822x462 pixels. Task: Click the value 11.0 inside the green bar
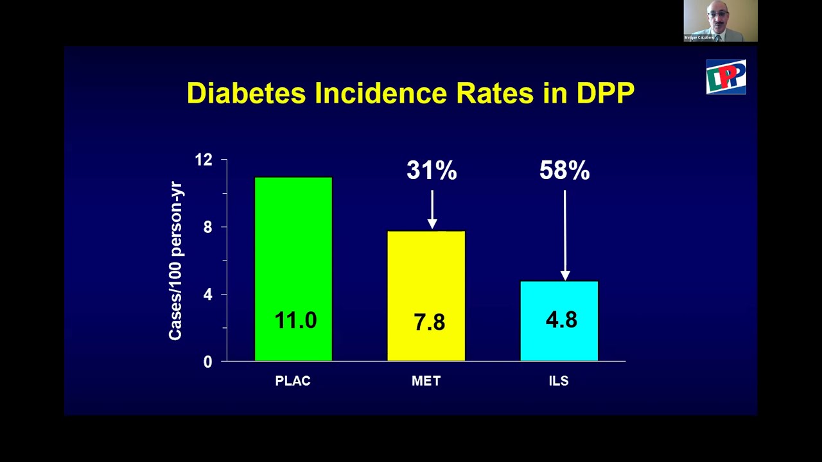[x=295, y=320]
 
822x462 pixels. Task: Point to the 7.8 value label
[x=429, y=322]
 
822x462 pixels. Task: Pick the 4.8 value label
[x=561, y=320]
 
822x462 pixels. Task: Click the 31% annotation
[x=432, y=171]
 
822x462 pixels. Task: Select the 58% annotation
[x=564, y=171]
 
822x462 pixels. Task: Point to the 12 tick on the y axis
[x=204, y=160]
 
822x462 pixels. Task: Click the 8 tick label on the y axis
[x=207, y=227]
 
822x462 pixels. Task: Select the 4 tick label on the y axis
[x=207, y=295]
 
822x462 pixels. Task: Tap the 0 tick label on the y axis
[x=207, y=363]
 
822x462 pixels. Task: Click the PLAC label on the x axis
[x=293, y=381]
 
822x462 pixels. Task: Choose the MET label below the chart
[x=426, y=381]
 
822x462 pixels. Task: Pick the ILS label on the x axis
[x=559, y=381]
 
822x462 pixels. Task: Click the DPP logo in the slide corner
[x=726, y=77]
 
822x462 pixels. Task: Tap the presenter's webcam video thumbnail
[x=720, y=21]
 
